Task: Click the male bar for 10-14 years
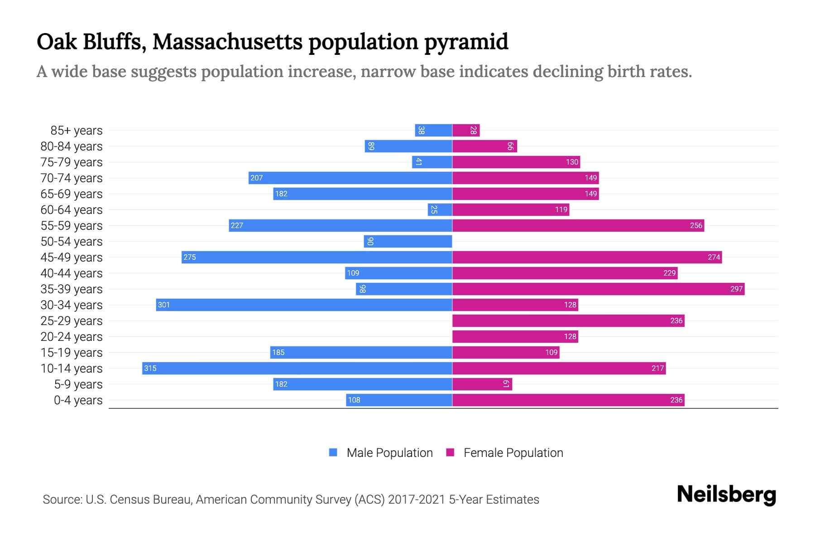[x=297, y=368]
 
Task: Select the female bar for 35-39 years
[x=598, y=289]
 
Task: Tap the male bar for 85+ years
[x=433, y=131]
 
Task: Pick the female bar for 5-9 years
[x=482, y=384]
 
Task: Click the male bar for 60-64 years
[x=440, y=209]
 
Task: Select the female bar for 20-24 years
[x=515, y=336]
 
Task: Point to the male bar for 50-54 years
[x=407, y=241]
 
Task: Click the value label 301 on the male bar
[x=164, y=305]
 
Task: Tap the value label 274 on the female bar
[x=714, y=257]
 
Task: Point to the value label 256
[x=696, y=225]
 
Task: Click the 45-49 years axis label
[x=72, y=257]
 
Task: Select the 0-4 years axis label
[x=78, y=400]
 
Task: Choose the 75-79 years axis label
[x=72, y=162]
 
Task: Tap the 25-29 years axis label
[x=72, y=321]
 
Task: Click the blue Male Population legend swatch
[x=333, y=452]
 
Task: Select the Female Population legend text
[x=513, y=452]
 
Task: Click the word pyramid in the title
[x=466, y=42]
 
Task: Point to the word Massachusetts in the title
[x=228, y=42]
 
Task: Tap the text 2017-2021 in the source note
[x=417, y=499]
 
